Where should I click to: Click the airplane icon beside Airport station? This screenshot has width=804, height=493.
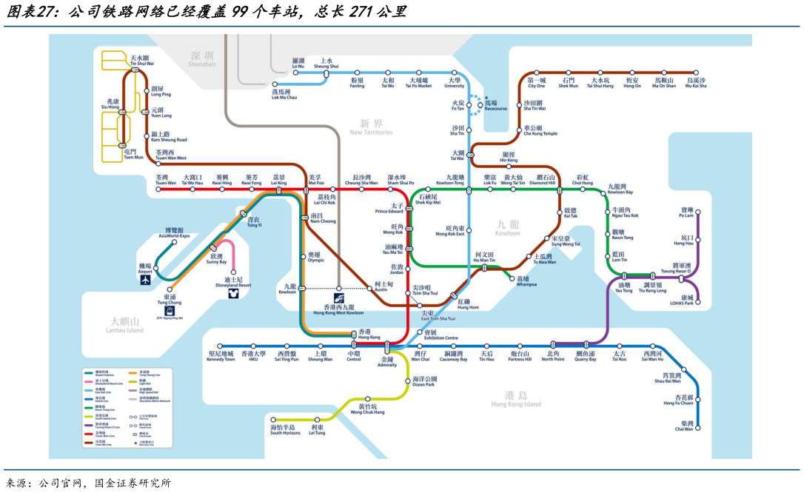[x=145, y=280]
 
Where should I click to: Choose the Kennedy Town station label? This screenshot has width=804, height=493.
[x=221, y=356]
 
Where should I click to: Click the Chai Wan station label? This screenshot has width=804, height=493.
[x=683, y=426]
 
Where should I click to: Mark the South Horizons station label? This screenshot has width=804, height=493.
[x=285, y=429]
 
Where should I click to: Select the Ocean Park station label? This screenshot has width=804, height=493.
[x=424, y=381]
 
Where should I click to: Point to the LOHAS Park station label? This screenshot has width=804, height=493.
[x=683, y=300]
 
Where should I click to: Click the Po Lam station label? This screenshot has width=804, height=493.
[x=686, y=212]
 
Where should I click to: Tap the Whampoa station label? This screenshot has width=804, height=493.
[x=527, y=281]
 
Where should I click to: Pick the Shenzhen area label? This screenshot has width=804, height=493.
[x=201, y=59]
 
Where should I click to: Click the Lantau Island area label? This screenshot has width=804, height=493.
[x=124, y=326]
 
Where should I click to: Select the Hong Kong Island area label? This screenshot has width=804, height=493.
[x=516, y=400]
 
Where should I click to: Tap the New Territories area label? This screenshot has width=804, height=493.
[x=371, y=127]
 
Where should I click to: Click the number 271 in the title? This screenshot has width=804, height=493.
[x=358, y=13]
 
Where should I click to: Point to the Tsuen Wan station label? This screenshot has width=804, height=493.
[x=167, y=180]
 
